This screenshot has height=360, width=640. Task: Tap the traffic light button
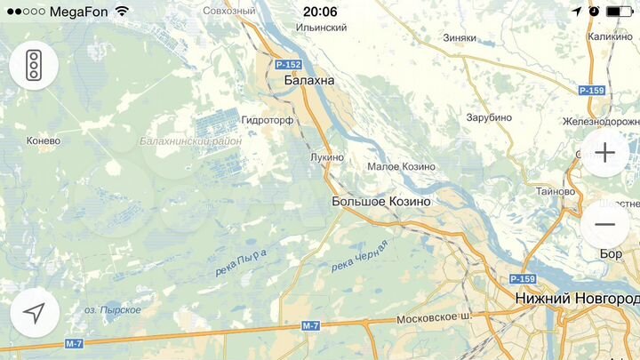(x=34, y=65)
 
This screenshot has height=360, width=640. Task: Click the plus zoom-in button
(x=604, y=152)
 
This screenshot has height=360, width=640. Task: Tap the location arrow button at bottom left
(x=35, y=313)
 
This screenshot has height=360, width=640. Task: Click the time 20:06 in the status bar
(x=320, y=12)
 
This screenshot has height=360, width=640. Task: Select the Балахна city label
(x=309, y=81)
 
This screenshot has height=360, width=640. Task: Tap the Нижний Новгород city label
(x=576, y=299)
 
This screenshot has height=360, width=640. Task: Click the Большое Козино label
(x=380, y=202)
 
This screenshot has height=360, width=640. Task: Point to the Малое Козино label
(x=402, y=167)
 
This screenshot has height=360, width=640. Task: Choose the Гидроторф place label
(x=268, y=119)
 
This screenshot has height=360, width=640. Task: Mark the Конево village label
(x=44, y=140)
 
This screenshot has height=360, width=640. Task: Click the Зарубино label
(x=489, y=117)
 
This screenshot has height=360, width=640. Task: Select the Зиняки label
(x=460, y=38)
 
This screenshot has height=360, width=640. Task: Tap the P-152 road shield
(x=288, y=65)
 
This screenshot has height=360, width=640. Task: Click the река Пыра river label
(x=241, y=263)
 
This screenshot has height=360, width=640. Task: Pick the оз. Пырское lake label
(x=113, y=309)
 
